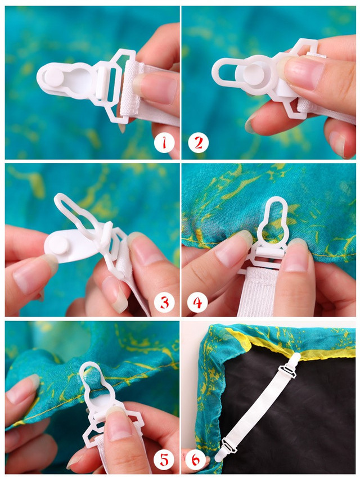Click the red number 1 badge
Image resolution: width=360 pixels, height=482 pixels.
tap(164, 142)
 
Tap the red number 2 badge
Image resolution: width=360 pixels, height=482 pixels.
tap(199, 143)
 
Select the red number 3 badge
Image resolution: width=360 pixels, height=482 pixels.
tap(164, 303)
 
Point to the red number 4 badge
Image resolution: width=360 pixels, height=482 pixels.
tap(197, 303)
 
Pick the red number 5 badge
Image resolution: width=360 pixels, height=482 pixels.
tap(164, 460)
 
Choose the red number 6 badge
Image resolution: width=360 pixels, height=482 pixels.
tap(196, 460)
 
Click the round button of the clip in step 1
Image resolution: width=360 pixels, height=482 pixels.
tap(54, 76)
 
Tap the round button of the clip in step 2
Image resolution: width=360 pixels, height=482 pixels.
tap(254, 74)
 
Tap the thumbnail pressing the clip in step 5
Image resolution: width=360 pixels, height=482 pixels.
tap(119, 421)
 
